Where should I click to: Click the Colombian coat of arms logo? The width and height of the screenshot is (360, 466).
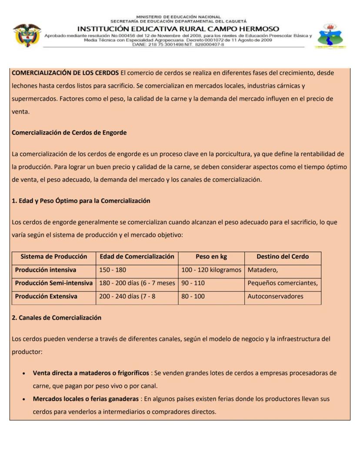[x=27, y=35]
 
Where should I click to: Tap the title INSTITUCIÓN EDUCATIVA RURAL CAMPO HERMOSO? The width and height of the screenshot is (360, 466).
[x=178, y=29]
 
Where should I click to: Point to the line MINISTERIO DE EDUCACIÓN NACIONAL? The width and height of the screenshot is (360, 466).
[x=178, y=17]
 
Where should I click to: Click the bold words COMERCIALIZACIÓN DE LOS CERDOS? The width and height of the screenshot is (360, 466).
[x=65, y=73]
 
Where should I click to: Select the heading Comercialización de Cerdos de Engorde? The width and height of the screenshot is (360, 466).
[x=69, y=133]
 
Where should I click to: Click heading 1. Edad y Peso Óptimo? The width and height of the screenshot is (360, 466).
[x=81, y=201]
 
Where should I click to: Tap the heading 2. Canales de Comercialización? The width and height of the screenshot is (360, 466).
[x=57, y=318]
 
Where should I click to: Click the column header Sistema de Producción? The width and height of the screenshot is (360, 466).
[x=54, y=257]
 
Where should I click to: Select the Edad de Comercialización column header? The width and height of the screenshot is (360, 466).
[x=137, y=257]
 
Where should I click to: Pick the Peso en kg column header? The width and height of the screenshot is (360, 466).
[x=211, y=257]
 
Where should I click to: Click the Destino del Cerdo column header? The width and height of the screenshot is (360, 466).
[x=283, y=257]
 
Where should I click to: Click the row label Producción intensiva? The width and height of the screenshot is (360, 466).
[x=46, y=270]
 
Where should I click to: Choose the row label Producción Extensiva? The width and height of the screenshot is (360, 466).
[x=46, y=296]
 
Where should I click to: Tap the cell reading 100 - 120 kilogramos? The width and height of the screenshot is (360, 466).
[x=211, y=270]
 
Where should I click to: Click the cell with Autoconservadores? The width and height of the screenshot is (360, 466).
[x=275, y=296]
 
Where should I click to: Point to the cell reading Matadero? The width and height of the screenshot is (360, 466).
[x=263, y=270]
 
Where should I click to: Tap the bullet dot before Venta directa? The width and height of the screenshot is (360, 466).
[x=23, y=374]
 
